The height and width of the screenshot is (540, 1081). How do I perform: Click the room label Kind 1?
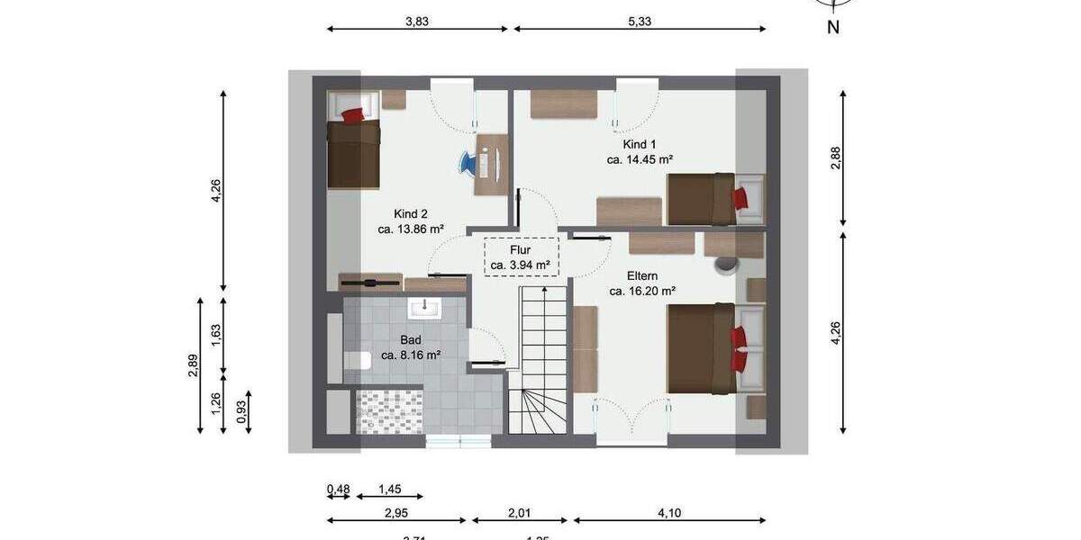click(x=640, y=144)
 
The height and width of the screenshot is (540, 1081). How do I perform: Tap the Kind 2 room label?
click(x=411, y=214)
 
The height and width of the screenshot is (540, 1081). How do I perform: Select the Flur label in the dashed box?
click(x=521, y=249)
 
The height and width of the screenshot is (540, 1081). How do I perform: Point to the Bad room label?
click(x=411, y=340)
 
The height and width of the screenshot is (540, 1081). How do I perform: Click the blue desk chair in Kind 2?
click(x=469, y=163)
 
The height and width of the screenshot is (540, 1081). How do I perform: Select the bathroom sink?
click(x=422, y=309)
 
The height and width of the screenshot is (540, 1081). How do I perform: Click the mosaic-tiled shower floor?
click(x=389, y=411)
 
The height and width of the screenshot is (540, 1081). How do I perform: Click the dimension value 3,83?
click(x=417, y=22)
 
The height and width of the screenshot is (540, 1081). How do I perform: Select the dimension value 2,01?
click(x=521, y=513)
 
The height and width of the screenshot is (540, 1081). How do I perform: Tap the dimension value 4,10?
click(x=668, y=513)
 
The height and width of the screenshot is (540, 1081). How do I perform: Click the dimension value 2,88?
click(x=835, y=158)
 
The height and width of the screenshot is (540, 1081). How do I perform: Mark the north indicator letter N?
click(x=833, y=27)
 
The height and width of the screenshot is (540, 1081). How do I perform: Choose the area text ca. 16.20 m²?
click(x=642, y=291)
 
